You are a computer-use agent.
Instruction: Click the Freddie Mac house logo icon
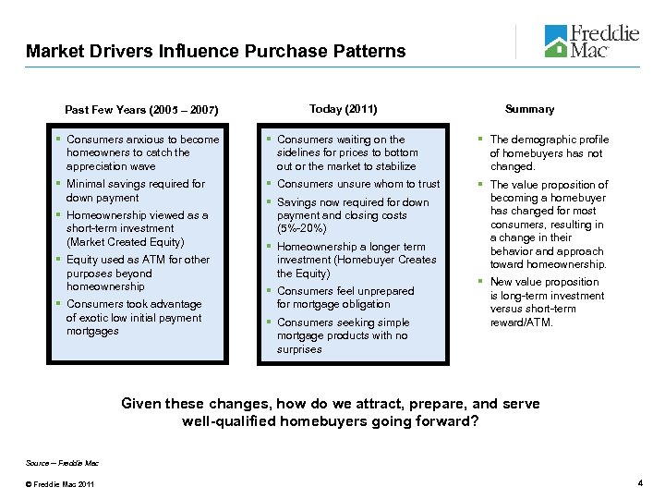[557, 40]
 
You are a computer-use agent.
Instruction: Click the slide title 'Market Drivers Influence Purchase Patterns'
[216, 52]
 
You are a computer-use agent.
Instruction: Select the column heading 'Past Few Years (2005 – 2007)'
[141, 111]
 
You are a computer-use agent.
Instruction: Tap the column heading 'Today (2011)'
[343, 109]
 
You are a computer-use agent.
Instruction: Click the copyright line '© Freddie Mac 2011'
[53, 484]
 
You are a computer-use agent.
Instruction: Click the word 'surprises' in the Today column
[299, 349]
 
